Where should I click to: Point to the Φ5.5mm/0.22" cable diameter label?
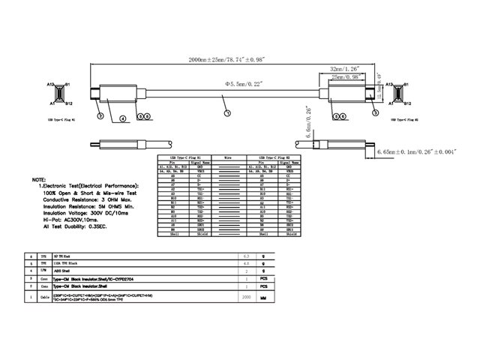click(239, 84)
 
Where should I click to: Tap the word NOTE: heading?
click(38, 181)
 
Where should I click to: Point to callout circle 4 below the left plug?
click(121, 118)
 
